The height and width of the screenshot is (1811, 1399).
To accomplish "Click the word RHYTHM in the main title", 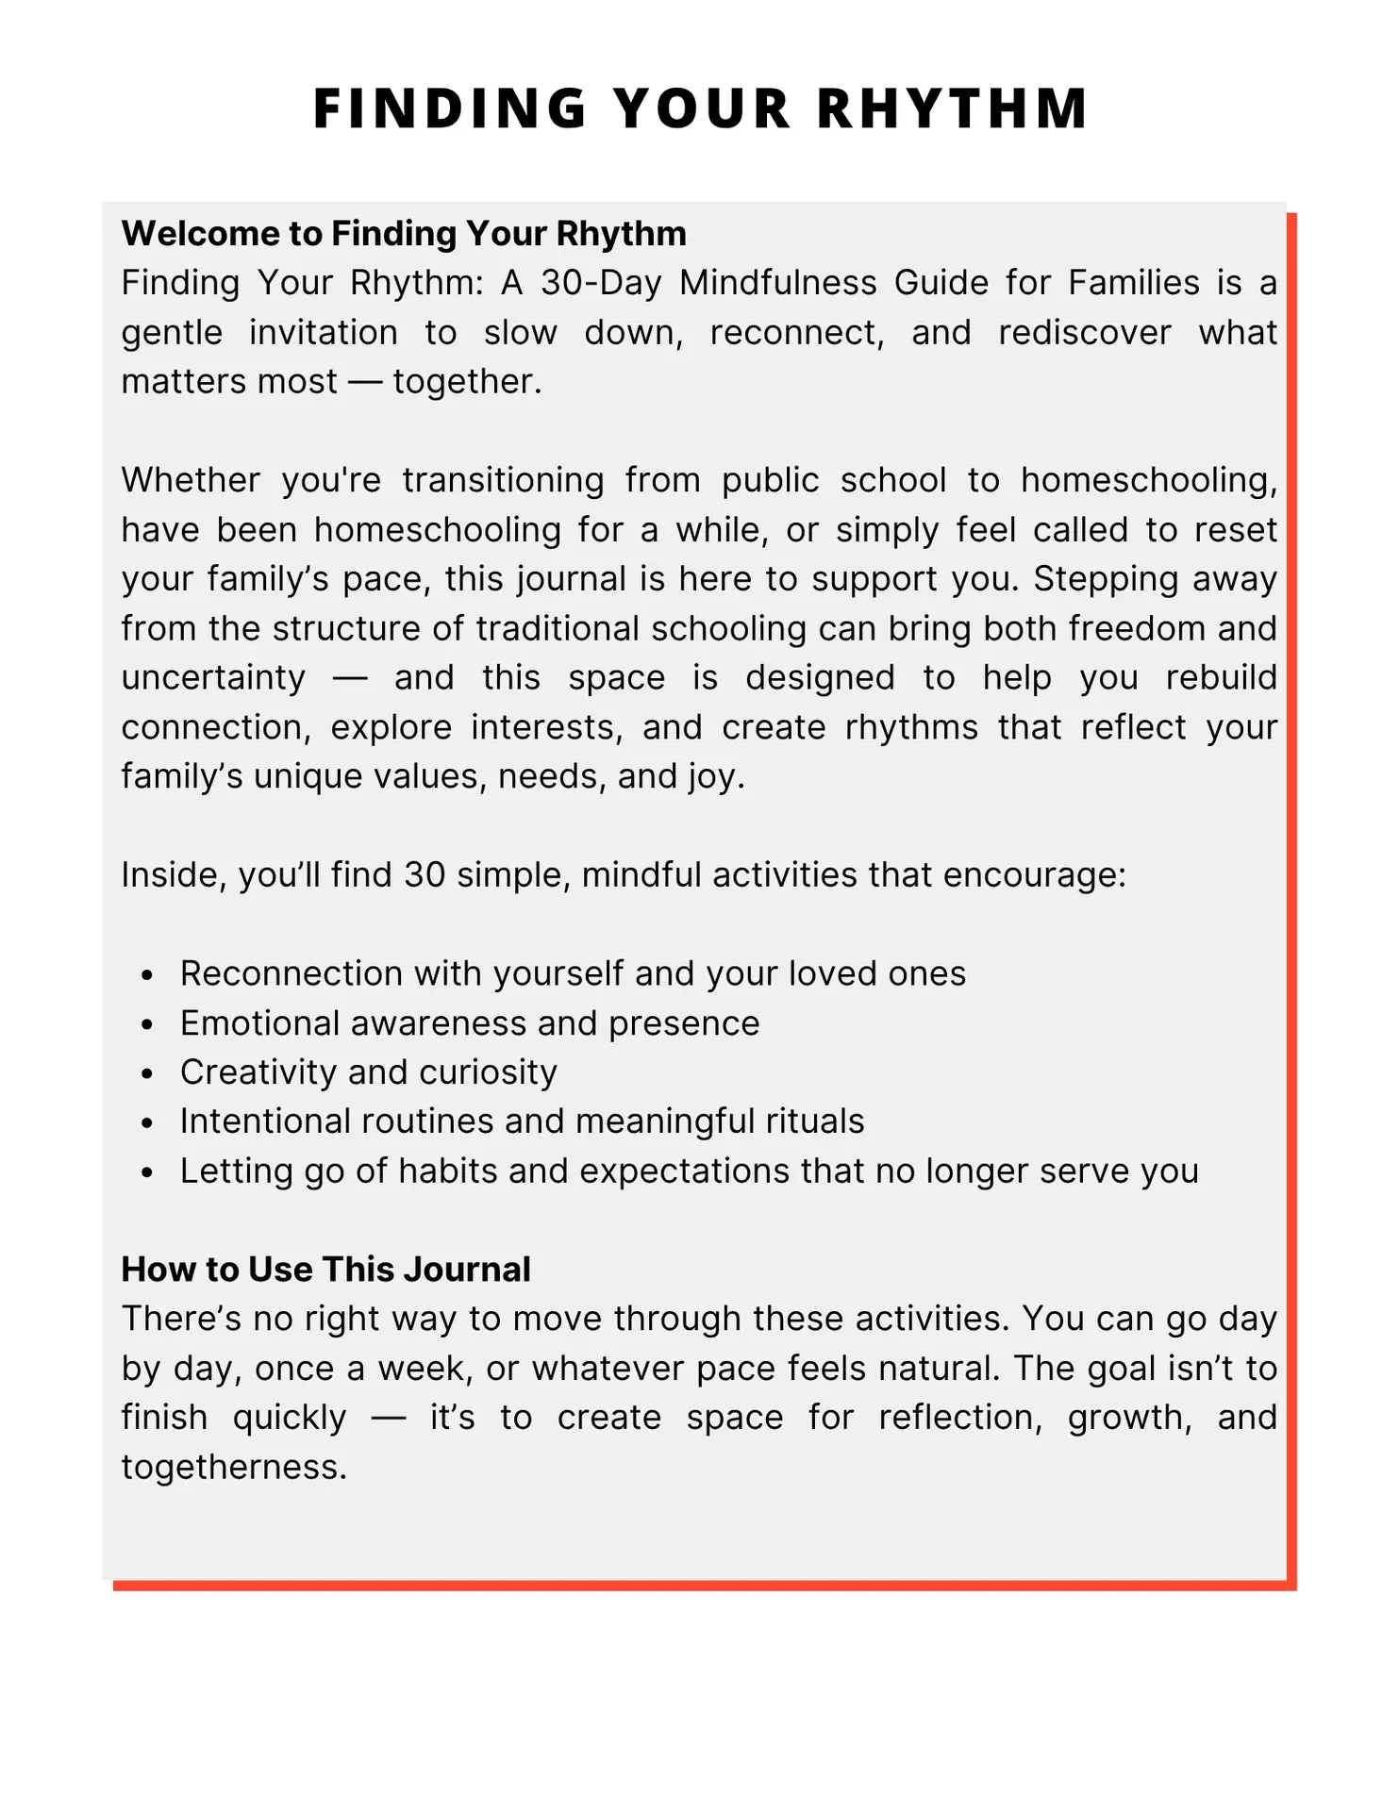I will point(953,108).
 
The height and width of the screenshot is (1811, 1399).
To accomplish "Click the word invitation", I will point(324,333).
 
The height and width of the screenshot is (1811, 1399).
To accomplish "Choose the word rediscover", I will point(1085,333).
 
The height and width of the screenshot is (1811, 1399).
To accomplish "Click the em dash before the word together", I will point(364,382).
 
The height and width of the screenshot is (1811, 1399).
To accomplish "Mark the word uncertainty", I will point(213,678).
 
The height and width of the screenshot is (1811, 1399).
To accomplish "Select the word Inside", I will point(174,875).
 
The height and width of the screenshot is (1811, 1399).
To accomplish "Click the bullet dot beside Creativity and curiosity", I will point(146,1074).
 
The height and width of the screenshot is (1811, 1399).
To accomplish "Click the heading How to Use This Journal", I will point(325,1270).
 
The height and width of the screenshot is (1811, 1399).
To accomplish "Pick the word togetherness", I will point(234,1468).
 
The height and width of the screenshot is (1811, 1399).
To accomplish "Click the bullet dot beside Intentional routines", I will point(146,1123).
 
